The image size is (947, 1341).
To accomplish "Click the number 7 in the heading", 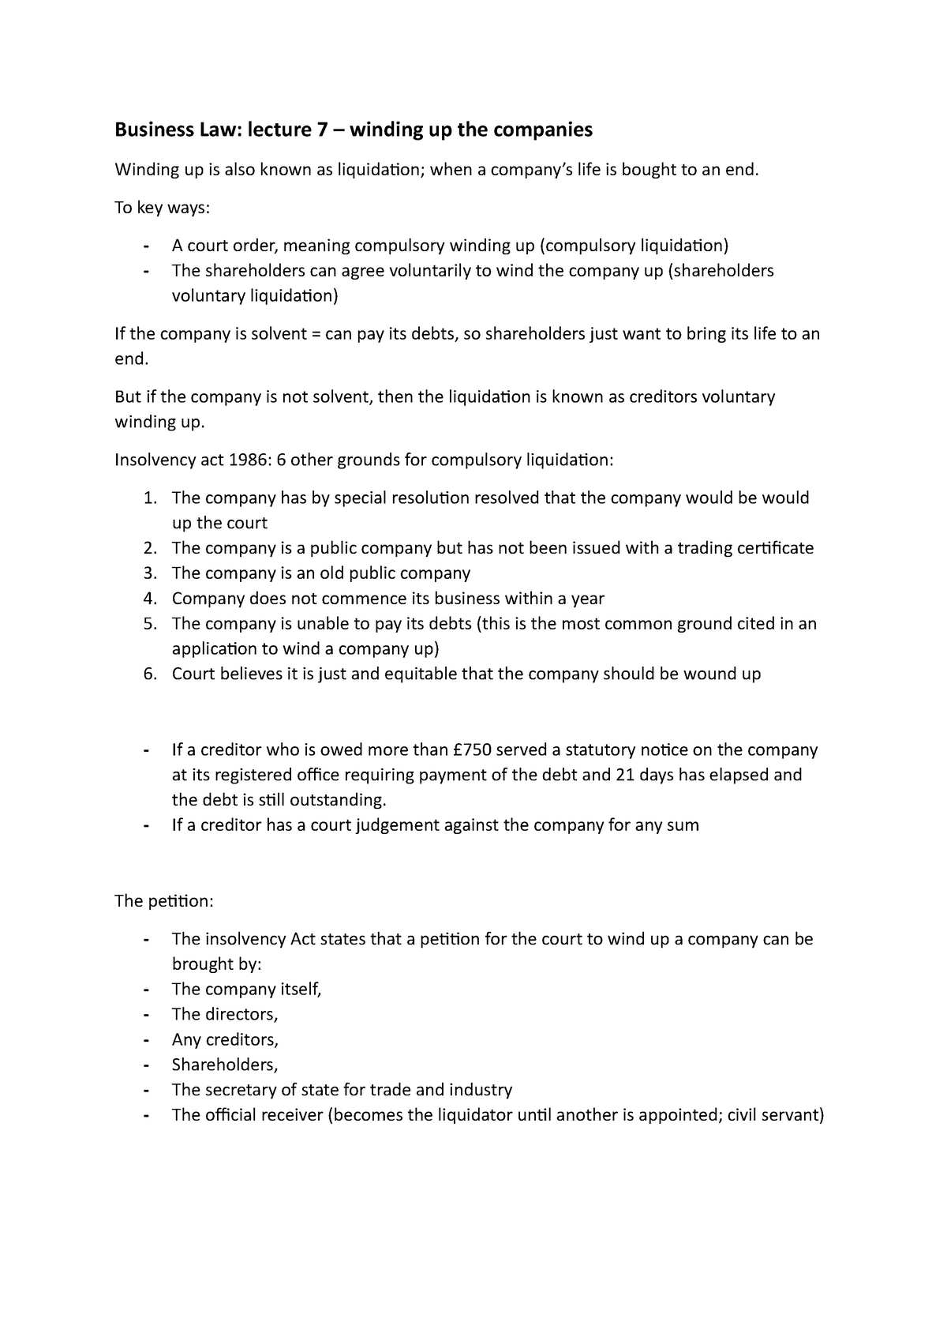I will click(324, 130).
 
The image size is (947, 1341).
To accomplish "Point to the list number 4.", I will click(151, 599).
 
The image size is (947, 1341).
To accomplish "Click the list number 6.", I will click(151, 674).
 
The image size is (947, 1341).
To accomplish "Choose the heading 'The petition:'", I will click(164, 901).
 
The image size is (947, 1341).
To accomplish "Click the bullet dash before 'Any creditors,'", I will click(146, 1040).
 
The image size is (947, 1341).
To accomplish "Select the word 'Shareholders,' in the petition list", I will click(225, 1065).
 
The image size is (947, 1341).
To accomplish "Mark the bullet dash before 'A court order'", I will click(146, 246).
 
